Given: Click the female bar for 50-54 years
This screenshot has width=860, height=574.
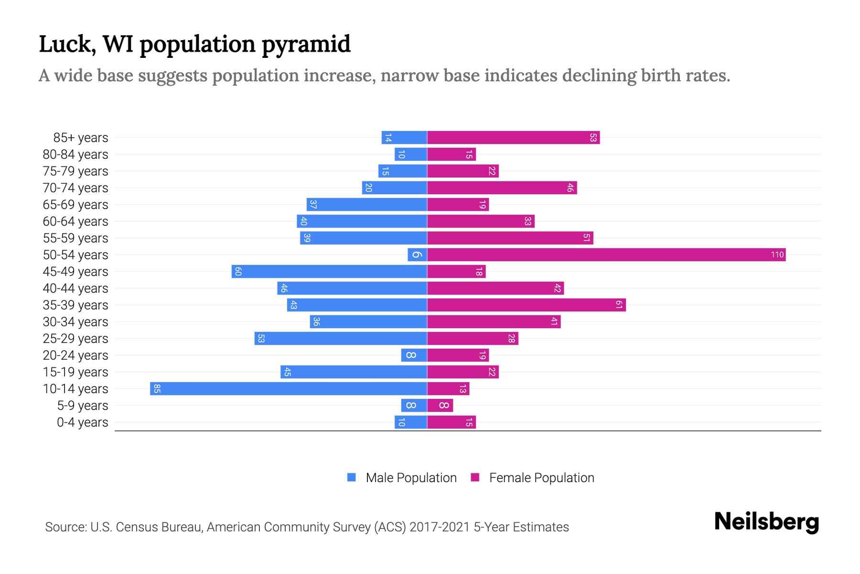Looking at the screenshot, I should tap(606, 255).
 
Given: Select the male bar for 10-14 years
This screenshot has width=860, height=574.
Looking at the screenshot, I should tap(288, 389).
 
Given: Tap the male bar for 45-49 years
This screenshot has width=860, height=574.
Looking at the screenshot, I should tap(329, 272).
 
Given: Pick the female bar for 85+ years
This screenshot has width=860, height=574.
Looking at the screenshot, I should tap(513, 138).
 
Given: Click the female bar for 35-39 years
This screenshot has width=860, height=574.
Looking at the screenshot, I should tap(526, 305).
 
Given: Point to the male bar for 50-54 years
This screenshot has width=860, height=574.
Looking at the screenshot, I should tap(417, 255).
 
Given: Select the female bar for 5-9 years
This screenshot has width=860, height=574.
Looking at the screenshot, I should tap(440, 406).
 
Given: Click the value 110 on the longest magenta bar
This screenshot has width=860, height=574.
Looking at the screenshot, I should tap(777, 255).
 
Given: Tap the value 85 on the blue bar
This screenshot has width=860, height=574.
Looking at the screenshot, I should tap(157, 389).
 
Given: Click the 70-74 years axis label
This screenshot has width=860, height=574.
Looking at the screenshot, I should tap(75, 188).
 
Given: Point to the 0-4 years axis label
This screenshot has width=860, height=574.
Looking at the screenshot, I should tap(82, 422).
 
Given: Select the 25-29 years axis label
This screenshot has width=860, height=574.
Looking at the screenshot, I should tap(75, 339).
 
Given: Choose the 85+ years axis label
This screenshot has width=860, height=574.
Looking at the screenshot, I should tap(81, 138).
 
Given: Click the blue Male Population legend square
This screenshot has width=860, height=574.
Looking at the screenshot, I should tap(352, 477).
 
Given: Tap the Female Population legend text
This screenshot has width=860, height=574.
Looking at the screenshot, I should tap(541, 478).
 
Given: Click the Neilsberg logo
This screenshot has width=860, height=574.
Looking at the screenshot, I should tap(766, 522).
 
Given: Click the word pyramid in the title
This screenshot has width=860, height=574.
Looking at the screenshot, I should tap(306, 44).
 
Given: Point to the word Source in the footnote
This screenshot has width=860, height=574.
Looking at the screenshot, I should tap(65, 527).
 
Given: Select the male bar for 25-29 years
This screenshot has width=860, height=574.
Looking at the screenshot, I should tap(340, 339).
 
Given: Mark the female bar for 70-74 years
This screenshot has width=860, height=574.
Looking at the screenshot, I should tap(502, 188).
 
